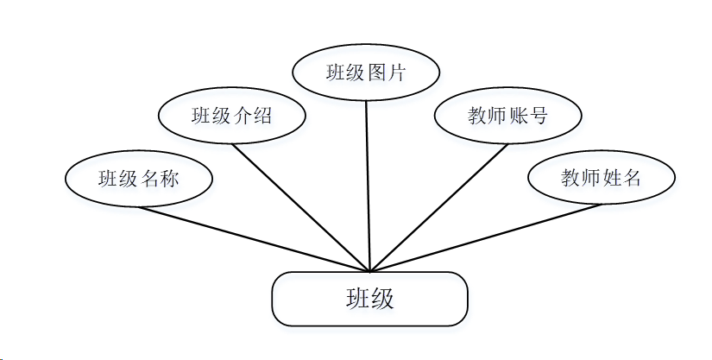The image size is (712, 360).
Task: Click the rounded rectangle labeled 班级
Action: coord(369,299)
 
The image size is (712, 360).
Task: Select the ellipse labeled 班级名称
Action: coord(138,180)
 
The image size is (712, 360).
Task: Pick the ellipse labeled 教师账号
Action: coord(507,115)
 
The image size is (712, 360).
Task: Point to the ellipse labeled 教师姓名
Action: coord(601,179)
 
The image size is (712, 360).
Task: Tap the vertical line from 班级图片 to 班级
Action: coord(369,186)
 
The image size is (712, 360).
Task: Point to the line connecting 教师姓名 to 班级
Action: coord(483,238)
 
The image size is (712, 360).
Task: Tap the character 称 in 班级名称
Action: coord(170,180)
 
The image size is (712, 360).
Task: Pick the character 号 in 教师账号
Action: coord(539,115)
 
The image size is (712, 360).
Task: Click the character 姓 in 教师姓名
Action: coord(611,179)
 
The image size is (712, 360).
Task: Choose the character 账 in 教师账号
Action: coord(519,115)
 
